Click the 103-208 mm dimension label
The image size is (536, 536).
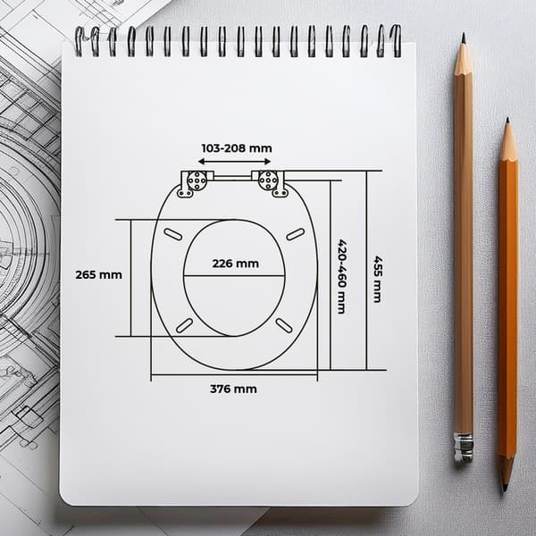[237, 148]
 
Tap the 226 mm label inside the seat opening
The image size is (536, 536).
[236, 264]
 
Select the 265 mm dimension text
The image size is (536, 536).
[98, 275]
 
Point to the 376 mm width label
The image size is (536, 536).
[233, 389]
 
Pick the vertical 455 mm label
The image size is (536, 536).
[377, 279]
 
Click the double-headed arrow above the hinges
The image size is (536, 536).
[234, 162]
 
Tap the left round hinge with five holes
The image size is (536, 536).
[197, 180]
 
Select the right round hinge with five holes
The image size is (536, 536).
[268, 180]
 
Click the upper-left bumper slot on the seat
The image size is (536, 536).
[173, 234]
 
